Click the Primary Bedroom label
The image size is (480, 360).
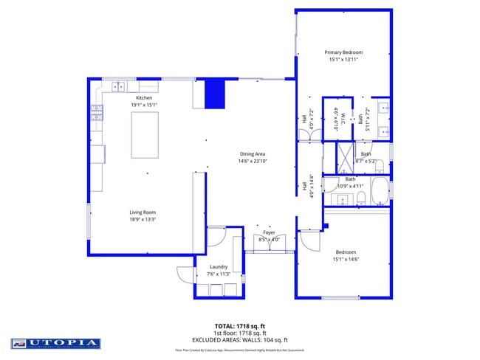coord(343,52)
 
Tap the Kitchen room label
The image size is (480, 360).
coord(144,98)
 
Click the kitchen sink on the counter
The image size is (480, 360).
coord(117,87)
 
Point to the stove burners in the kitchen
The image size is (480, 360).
coord(97,112)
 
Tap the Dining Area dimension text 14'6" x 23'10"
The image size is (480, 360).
coord(252,161)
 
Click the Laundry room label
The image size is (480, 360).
coord(218,267)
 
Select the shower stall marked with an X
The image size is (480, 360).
coord(345,157)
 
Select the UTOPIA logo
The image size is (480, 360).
coord(56,343)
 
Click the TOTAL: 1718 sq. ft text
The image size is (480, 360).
coord(240,325)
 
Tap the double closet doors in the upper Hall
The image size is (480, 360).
coord(305,135)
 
